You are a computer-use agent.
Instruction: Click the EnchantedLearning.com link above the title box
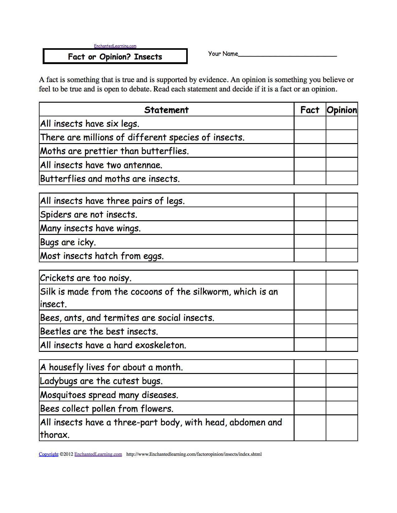click(x=115, y=46)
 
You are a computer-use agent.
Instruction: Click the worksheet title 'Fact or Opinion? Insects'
click(x=115, y=57)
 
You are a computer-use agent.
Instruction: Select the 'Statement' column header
click(x=166, y=110)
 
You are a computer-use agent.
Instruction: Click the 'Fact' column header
click(x=310, y=110)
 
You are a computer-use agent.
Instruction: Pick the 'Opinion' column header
click(x=342, y=110)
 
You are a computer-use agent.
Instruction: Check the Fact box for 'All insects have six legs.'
click(x=310, y=123)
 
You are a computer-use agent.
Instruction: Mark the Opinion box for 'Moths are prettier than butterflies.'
click(x=342, y=151)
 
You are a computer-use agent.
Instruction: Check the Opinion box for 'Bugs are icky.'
click(x=342, y=241)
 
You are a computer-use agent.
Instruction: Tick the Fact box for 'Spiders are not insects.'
click(x=310, y=214)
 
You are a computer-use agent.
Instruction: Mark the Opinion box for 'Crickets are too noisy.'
click(x=342, y=277)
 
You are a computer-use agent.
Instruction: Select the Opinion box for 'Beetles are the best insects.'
click(x=342, y=331)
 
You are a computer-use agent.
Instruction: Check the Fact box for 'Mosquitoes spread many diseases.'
click(x=310, y=394)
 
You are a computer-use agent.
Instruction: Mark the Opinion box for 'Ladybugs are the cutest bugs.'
click(x=342, y=380)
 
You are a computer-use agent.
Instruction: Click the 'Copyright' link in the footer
click(x=49, y=454)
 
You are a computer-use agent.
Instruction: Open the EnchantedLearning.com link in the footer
click(x=98, y=454)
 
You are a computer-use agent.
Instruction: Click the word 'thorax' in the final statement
click(x=54, y=435)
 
